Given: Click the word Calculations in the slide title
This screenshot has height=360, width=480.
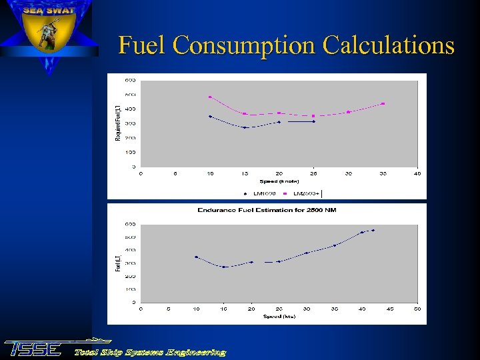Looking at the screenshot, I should [388, 45].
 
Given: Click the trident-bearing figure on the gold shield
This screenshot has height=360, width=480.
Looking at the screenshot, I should [47, 34].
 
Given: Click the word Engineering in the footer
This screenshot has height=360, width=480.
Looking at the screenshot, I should [196, 352].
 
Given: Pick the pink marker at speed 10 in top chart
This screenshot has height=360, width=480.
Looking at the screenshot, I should [210, 97].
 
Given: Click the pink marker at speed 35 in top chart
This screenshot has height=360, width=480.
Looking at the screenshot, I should [383, 103].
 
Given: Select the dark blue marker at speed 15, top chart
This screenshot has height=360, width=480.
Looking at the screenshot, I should [245, 127].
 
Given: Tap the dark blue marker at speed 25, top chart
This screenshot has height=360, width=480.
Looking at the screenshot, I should [314, 121].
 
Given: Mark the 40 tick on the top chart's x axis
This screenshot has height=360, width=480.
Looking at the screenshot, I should [418, 173].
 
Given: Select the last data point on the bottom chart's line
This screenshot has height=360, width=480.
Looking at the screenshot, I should [373, 230].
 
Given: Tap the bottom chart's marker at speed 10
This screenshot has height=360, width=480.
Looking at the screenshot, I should [196, 257].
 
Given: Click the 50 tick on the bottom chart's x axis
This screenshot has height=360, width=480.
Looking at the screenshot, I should [418, 309].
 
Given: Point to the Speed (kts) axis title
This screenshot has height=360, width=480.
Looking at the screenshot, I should [279, 316].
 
